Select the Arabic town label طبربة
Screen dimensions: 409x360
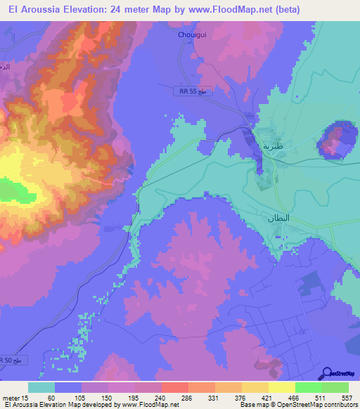pos(273,146)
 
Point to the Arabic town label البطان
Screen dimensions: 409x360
pos(278,219)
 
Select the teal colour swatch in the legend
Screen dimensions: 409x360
pos(41,387)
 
